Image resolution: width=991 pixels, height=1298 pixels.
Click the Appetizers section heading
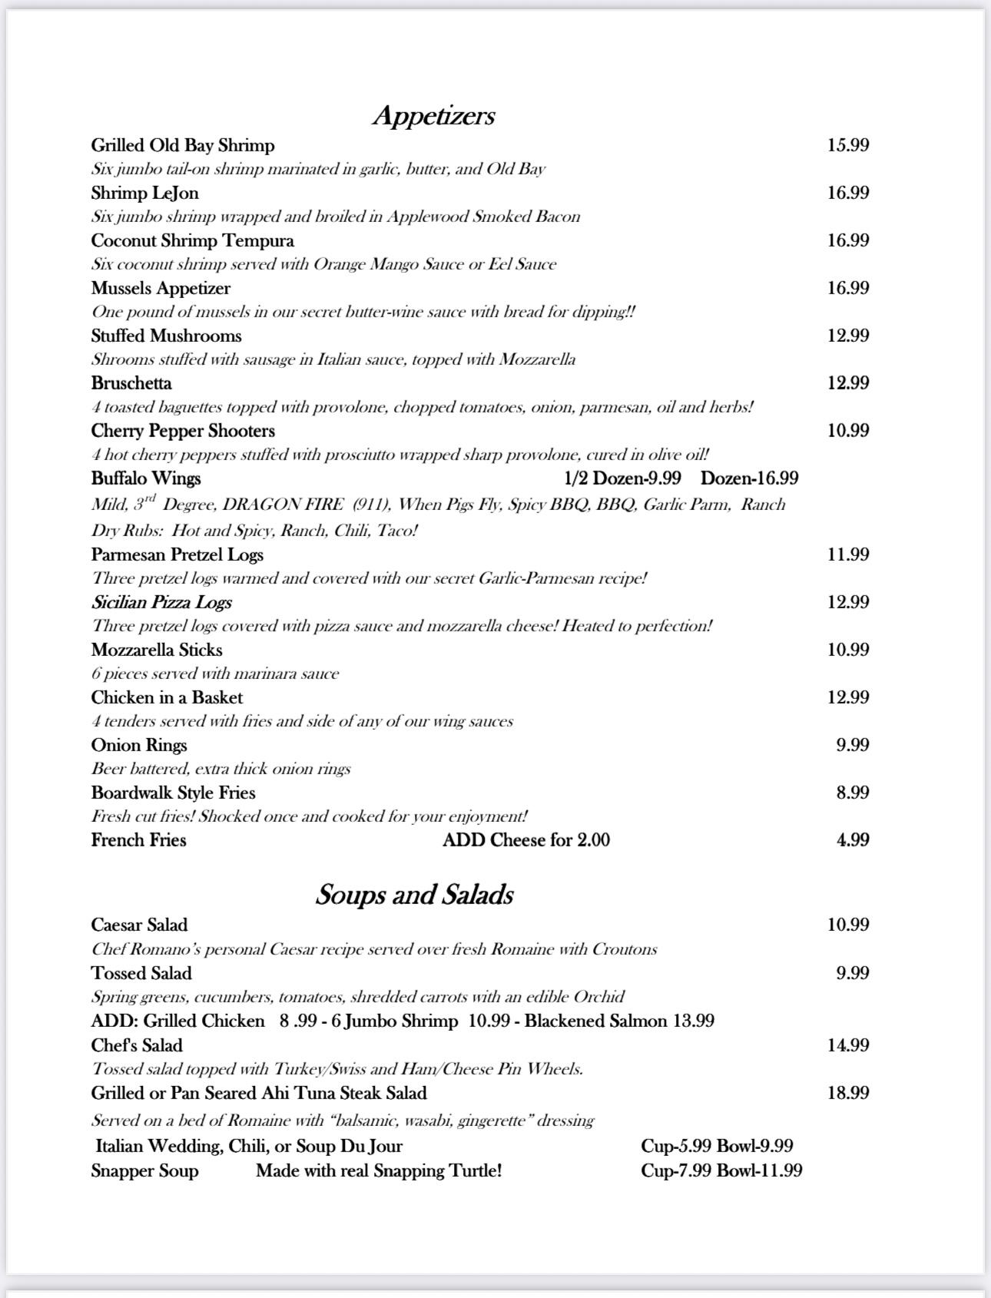point(434,115)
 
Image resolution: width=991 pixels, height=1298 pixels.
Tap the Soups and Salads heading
point(414,895)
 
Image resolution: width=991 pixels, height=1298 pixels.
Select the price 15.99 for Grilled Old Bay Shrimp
point(848,145)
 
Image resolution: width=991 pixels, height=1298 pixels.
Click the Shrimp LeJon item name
point(144,193)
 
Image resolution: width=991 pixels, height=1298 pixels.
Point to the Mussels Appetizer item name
point(161,288)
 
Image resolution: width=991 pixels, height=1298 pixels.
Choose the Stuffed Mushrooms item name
point(166,336)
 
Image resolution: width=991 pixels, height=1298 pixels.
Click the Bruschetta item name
point(131,383)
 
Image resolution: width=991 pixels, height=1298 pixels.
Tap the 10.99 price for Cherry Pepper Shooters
point(848,431)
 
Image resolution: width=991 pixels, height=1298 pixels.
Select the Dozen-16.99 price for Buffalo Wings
point(749,478)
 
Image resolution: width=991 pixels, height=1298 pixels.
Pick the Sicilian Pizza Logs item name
point(161,602)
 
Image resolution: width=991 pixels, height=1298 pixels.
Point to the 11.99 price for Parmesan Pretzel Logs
point(848,555)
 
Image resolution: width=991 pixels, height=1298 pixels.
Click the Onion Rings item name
point(139,745)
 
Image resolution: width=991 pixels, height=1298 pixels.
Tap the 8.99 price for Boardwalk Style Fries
point(853,793)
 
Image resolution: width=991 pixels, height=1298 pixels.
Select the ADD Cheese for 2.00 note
point(526,840)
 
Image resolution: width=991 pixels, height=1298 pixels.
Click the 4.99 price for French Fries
point(853,840)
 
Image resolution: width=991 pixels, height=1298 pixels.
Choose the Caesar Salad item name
point(139,925)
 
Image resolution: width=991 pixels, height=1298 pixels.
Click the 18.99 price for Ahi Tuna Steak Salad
point(848,1093)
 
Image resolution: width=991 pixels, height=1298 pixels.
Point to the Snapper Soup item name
point(144,1171)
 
